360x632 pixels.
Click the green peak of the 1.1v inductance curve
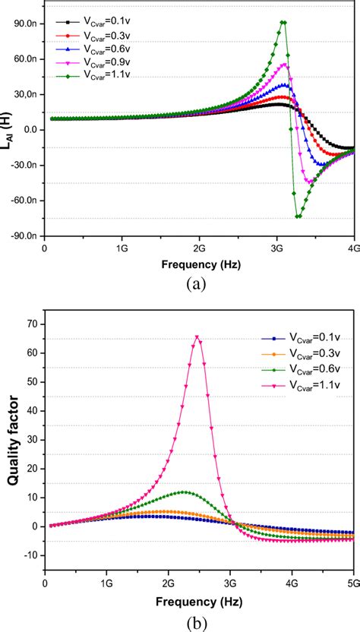(x=283, y=22)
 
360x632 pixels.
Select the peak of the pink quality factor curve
(x=197, y=337)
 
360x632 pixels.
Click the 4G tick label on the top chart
(x=352, y=247)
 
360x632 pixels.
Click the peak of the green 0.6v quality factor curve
(x=184, y=491)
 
